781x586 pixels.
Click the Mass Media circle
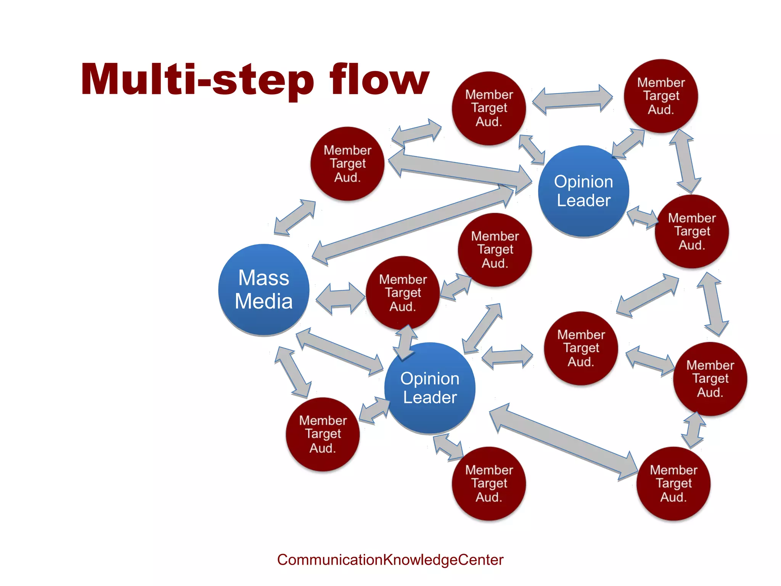pyautogui.click(x=264, y=290)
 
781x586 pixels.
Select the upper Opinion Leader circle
pyautogui.click(x=583, y=191)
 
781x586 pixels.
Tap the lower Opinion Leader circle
pyautogui.click(x=430, y=388)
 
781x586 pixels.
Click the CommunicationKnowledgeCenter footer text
pyautogui.click(x=390, y=560)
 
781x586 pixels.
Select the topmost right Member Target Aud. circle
pyautogui.click(x=661, y=96)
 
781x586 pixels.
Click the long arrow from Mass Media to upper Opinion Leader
pyautogui.click(x=412, y=225)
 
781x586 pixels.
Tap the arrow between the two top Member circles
pyautogui.click(x=572, y=100)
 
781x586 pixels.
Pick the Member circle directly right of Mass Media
pyautogui.click(x=403, y=293)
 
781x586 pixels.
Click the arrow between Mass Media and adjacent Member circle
pyautogui.click(x=340, y=298)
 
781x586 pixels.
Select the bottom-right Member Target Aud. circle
pyautogui.click(x=673, y=483)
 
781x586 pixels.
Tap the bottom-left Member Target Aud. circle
pyautogui.click(x=323, y=434)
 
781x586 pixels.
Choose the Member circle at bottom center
pyautogui.click(x=489, y=483)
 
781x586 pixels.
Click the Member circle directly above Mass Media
pyautogui.click(x=347, y=164)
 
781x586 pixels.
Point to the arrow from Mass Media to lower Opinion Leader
pyautogui.click(x=339, y=351)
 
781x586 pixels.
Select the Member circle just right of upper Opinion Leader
pyautogui.click(x=692, y=231)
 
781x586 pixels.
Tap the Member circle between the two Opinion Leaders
pyautogui.click(x=495, y=250)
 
